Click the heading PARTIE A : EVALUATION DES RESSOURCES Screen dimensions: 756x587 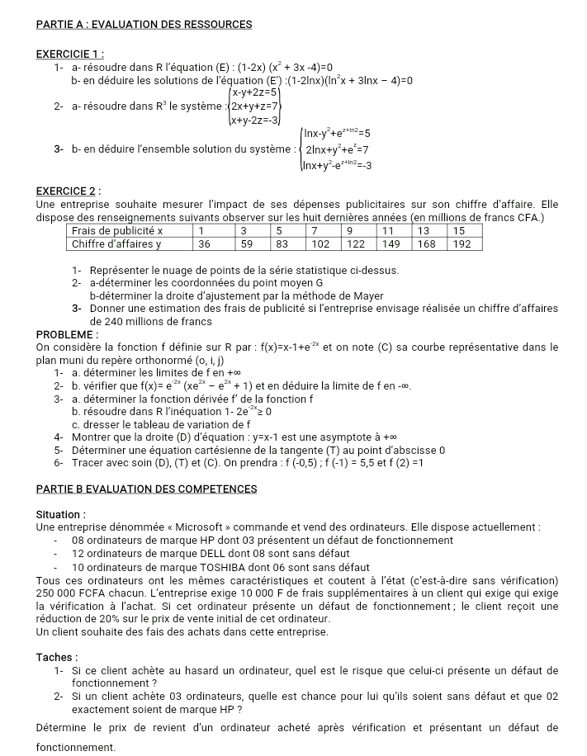coord(144,25)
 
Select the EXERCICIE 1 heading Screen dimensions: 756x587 coord(69,54)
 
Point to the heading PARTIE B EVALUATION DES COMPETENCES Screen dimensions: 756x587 coord(147,489)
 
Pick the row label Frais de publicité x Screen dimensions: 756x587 coord(117,231)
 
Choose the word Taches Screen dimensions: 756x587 coord(55,657)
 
